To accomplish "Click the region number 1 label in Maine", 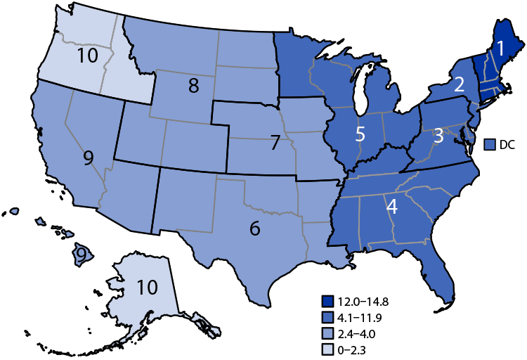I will click(x=500, y=49).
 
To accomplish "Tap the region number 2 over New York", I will click(x=459, y=84).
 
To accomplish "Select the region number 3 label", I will click(x=437, y=136).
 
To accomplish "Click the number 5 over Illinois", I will click(x=360, y=134).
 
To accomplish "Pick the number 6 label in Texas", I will click(x=255, y=228).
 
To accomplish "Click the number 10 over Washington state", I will click(x=87, y=55).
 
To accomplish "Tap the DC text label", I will click(x=508, y=144).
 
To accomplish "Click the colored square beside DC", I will click(x=491, y=144).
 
